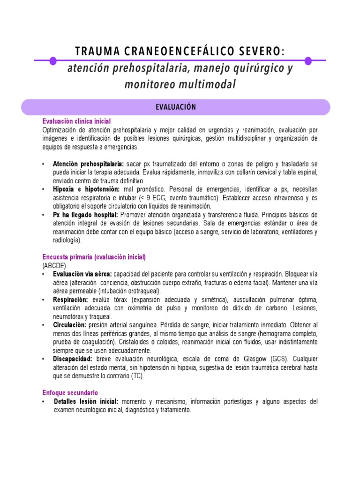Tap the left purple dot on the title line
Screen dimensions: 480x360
53,60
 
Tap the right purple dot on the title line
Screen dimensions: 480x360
308,60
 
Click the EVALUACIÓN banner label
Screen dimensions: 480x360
176,107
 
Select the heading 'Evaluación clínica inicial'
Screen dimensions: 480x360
76,121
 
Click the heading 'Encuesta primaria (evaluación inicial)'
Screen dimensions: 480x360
94,257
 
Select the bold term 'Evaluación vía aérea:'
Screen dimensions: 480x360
82,274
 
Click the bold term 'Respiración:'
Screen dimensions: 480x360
70,300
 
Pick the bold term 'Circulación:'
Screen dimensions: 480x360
70,325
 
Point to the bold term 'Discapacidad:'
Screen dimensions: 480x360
72,359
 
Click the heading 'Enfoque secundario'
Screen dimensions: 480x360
70,393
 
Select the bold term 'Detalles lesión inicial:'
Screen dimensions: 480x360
86,402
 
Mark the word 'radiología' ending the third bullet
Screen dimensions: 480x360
67,240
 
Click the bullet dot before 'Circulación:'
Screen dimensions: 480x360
43,325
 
